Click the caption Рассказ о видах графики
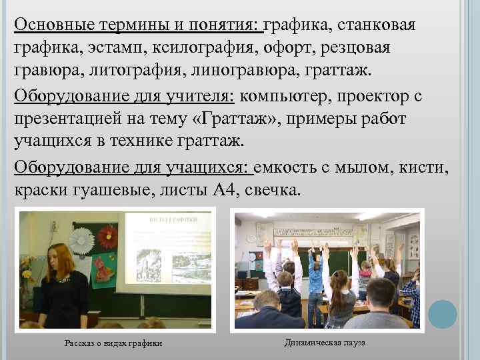(113, 343)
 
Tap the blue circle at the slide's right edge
(443, 313)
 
